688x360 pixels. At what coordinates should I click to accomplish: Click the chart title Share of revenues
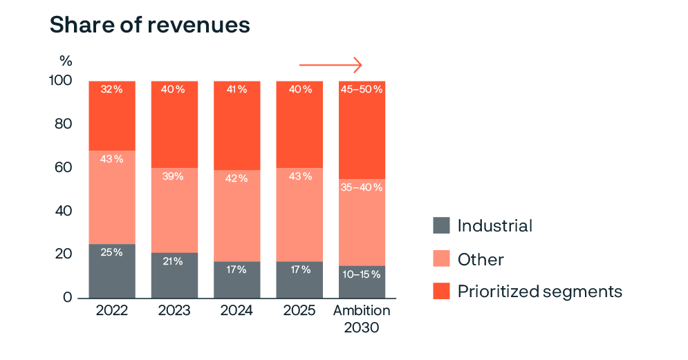149,26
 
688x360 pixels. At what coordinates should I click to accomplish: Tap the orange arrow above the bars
331,66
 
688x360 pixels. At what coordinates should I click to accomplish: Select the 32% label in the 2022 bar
111,89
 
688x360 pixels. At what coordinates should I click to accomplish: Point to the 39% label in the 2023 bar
174,176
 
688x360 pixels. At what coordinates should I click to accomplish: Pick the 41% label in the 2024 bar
236,89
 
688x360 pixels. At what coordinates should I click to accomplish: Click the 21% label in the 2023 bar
174,260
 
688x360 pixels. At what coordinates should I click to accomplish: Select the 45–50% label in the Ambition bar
362,89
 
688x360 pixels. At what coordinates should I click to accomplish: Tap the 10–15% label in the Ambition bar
362,274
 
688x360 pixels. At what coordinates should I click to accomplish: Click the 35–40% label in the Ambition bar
362,187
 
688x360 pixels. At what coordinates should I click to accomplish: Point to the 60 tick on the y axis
63,168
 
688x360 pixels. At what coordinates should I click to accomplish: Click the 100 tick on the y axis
60,81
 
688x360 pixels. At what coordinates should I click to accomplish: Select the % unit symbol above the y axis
66,61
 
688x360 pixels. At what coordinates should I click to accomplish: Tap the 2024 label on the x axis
236,311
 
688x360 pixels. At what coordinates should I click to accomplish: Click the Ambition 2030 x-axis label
362,319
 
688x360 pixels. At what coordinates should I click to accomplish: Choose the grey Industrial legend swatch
441,225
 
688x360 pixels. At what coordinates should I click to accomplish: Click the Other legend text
481,260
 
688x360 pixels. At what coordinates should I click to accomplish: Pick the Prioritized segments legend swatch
441,291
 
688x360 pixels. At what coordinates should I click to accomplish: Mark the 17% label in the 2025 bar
299,269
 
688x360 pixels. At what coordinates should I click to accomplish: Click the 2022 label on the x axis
111,311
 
